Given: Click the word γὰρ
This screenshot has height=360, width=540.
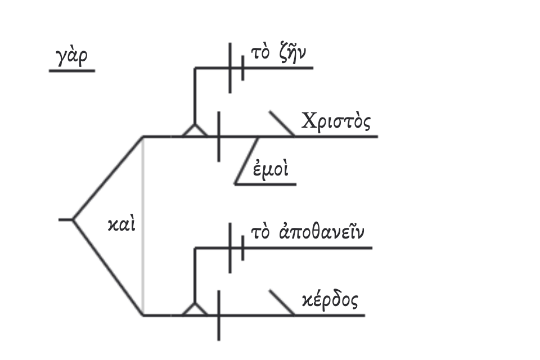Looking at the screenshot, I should tap(71, 58).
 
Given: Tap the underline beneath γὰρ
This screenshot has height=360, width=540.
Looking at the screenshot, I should tap(71, 71).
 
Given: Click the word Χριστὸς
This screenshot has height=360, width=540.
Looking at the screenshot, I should tap(336, 122).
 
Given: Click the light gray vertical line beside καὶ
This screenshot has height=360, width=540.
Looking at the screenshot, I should tap(143, 225).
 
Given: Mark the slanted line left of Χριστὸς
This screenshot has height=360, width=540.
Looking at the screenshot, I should tap(281, 124).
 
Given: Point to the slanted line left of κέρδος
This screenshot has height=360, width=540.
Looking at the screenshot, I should tap(281, 303).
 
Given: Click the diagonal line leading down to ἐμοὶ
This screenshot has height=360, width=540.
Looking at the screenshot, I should tap(247, 160).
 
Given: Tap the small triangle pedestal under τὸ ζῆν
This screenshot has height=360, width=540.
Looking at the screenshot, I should tap(195, 130).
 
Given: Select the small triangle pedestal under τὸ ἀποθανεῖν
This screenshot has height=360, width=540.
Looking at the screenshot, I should tap(195, 309).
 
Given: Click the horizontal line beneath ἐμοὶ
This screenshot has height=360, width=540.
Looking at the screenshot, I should tap(264, 184).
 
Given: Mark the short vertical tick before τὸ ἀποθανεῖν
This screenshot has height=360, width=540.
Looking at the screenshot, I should tap(242, 247).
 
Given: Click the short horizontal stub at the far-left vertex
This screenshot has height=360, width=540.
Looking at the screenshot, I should tap(65, 219).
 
